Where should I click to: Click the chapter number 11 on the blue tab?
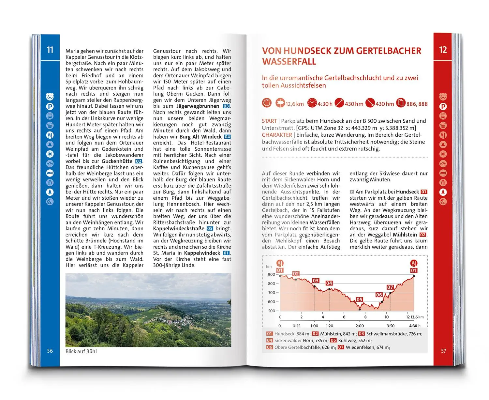point(50,50)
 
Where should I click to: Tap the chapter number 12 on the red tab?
point(443,50)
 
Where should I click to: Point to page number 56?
point(50,351)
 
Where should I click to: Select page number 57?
point(443,351)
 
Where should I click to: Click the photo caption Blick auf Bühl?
point(81,351)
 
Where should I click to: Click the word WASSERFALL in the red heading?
point(289,62)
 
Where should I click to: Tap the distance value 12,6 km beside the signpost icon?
point(295,104)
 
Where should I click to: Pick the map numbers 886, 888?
point(417,104)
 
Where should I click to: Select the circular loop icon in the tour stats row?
point(267,103)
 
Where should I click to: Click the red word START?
point(269,121)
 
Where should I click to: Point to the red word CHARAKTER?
point(277,135)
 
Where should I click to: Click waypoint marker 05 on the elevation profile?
point(359,300)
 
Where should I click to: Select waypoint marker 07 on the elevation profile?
point(390,287)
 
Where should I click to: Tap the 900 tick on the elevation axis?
point(271,274)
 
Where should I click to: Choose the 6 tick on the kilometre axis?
point(344,317)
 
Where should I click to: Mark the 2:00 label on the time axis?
point(360,326)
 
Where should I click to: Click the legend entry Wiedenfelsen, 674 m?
point(367,347)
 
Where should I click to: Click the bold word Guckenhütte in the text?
point(117,161)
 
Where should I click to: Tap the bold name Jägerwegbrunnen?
point(198,106)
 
